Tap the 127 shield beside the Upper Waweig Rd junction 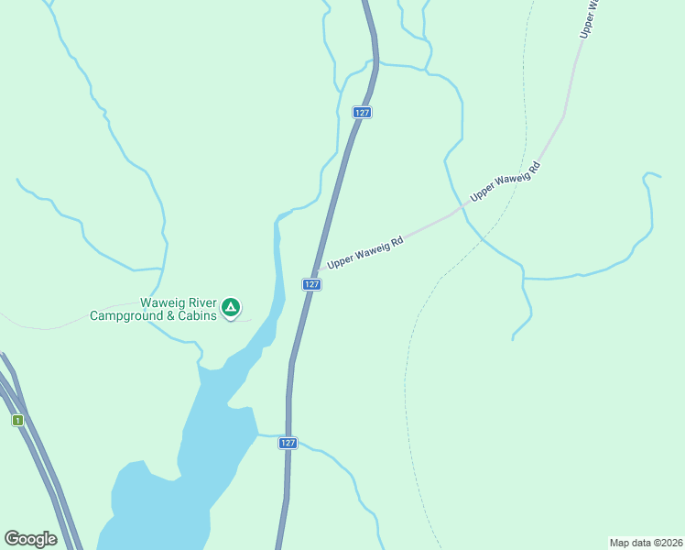click(x=312, y=284)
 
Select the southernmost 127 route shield click(x=288, y=443)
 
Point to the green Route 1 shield click(x=16, y=420)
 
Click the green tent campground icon click(x=232, y=307)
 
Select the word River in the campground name click(x=201, y=302)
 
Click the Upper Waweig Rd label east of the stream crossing click(x=505, y=181)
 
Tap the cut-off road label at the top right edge click(x=588, y=18)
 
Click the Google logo click(x=31, y=539)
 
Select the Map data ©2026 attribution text click(x=646, y=542)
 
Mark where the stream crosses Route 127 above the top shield click(x=375, y=63)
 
